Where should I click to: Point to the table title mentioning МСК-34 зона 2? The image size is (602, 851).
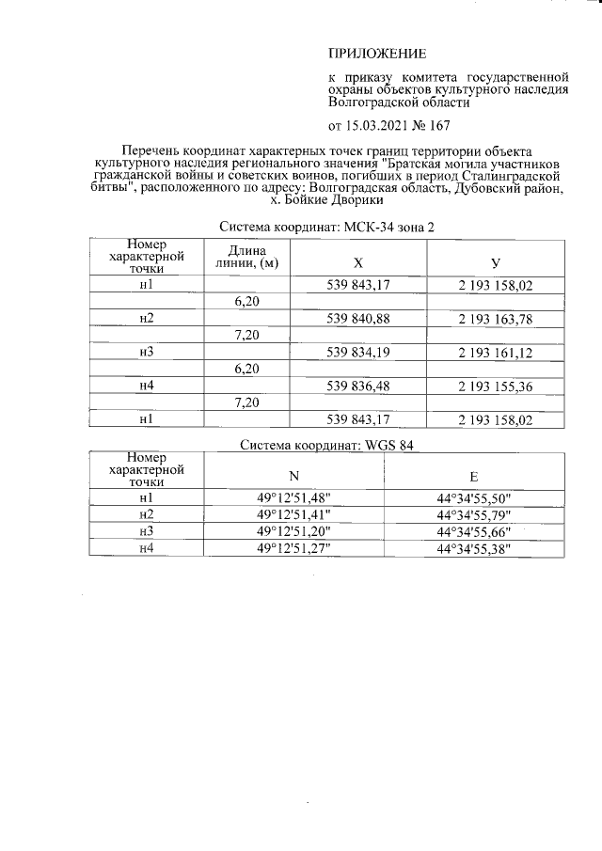[326, 228]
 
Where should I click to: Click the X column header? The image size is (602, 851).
[357, 262]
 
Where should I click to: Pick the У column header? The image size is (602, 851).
[495, 262]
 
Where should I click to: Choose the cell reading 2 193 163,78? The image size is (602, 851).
[495, 319]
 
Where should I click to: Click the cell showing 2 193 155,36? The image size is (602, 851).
[495, 385]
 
